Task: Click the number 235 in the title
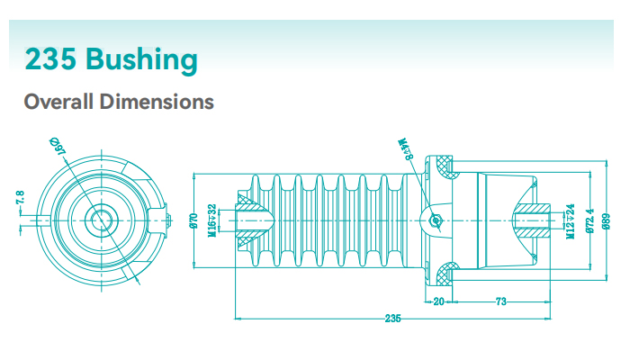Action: [x=51, y=59]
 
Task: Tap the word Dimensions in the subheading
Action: [x=157, y=101]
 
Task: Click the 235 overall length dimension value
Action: [x=392, y=319]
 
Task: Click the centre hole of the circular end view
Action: [x=98, y=219]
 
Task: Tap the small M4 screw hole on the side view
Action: [x=436, y=219]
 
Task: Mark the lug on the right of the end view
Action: [x=159, y=219]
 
